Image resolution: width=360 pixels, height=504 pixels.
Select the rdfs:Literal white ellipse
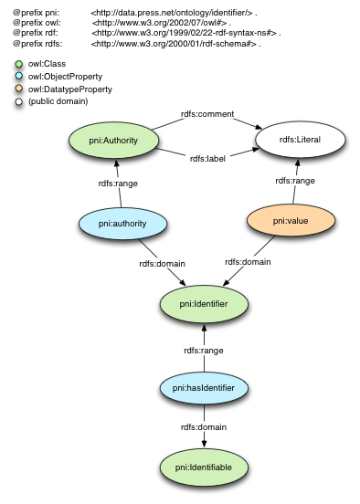pos(288,140)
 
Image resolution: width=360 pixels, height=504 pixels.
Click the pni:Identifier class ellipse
pos(203,302)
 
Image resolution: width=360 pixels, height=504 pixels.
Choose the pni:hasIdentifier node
pos(203,388)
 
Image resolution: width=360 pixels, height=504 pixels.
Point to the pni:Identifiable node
pos(203,467)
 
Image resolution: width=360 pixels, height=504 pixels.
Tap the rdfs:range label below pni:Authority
pos(118,183)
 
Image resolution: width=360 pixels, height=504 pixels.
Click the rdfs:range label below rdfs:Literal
pos(294,181)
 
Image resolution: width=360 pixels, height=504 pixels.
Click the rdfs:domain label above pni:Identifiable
pos(203,427)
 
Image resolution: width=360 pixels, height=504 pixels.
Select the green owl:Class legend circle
pos(18,64)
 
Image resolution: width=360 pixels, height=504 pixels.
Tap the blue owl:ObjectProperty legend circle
pos(18,77)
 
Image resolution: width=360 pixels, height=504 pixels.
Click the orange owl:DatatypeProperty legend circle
pos(18,89)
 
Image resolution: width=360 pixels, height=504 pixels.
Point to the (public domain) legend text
pos(58,102)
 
